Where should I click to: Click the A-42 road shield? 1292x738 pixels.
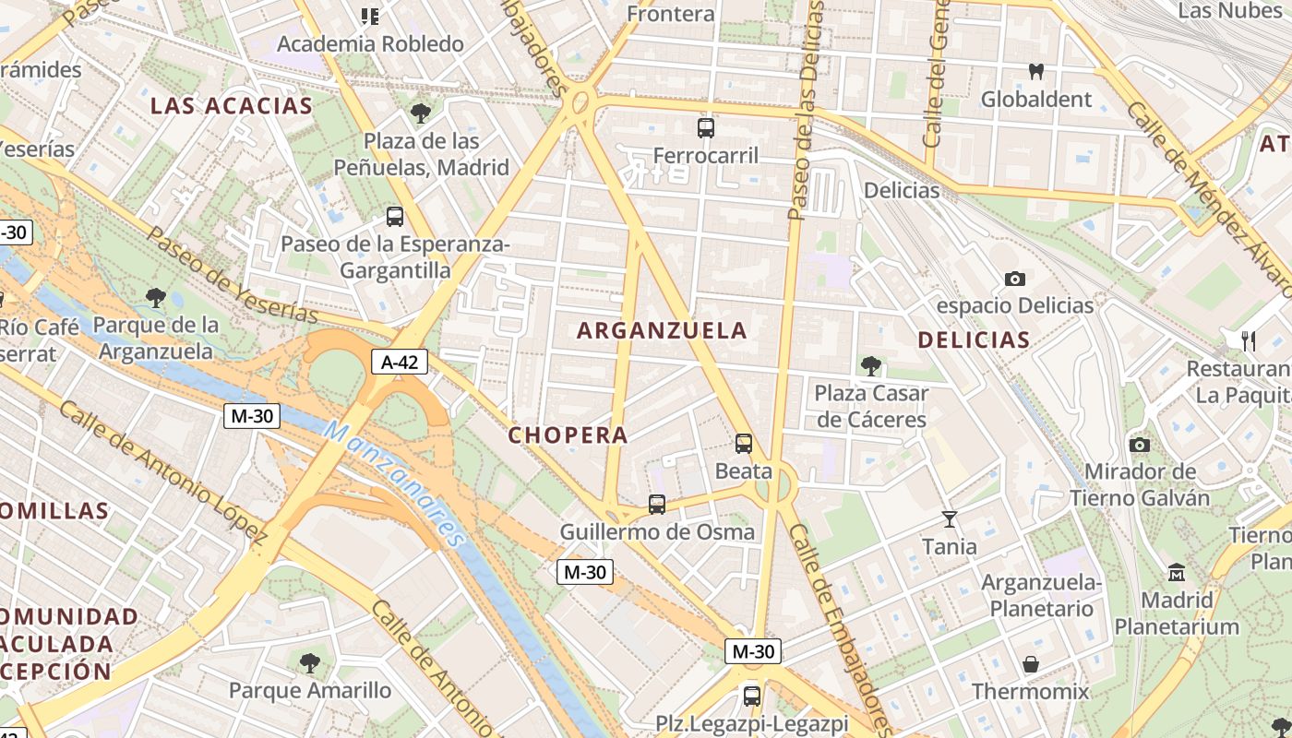click(400, 362)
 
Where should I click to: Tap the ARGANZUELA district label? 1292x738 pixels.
click(662, 330)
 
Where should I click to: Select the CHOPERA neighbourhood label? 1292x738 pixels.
click(568, 434)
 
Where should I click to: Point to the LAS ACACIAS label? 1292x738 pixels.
click(232, 105)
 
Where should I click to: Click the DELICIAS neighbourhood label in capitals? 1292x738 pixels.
click(974, 339)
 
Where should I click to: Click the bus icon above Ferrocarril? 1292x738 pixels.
click(706, 128)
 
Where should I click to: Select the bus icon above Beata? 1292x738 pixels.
click(744, 444)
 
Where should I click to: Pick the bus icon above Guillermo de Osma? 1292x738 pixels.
click(657, 505)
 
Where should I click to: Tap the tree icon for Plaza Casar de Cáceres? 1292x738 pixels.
click(870, 366)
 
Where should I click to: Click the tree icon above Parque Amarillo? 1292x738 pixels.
click(310, 662)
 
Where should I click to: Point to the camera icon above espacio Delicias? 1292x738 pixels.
click(1015, 279)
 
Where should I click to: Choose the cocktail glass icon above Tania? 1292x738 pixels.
click(950, 519)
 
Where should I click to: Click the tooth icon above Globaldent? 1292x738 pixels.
click(1035, 71)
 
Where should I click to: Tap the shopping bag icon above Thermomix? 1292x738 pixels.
click(1031, 664)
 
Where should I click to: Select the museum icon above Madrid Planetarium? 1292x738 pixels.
click(1177, 573)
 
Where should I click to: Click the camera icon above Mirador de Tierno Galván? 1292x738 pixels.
click(1140, 445)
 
